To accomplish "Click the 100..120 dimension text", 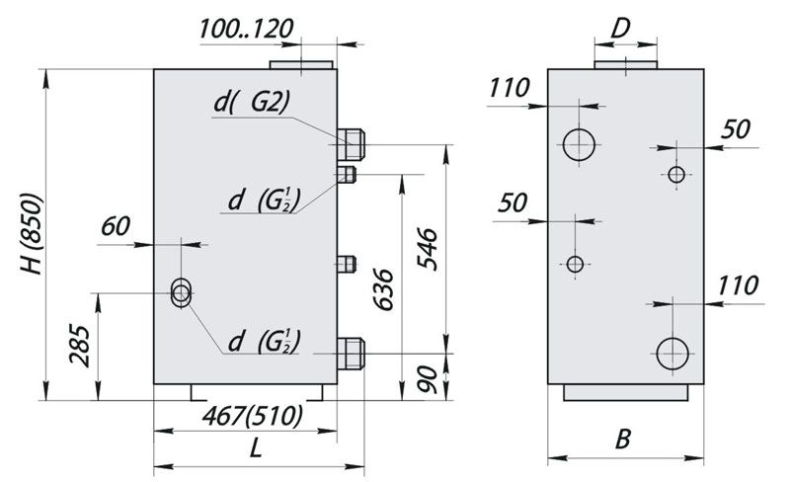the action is pos(246,29).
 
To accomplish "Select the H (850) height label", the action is pos(32,234).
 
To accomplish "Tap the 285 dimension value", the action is pos(80,345).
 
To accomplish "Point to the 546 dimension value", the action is pos(428,249).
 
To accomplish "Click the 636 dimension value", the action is pos(383,290).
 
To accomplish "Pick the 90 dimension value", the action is pos(428,379).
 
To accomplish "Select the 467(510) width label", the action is pos(253,417).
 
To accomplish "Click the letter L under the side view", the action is pos(256,447).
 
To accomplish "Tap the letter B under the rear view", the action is pos(623,440).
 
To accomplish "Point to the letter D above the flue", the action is pos(621,30).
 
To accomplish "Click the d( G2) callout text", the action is pos(252,103).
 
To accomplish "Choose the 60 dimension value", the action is pos(116,226).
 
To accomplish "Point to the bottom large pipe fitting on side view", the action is pos(351,354).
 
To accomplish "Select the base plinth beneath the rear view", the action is pos(625,392).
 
